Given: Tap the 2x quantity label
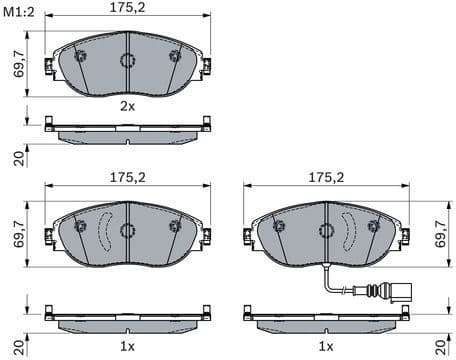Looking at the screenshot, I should (127, 105).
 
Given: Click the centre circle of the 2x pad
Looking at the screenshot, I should (127, 61).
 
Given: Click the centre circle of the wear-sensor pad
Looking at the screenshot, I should (326, 230).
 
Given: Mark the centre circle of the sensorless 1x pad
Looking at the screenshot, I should (127, 230).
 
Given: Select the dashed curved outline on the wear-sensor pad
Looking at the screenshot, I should (349, 230).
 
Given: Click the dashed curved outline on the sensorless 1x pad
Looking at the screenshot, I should (104, 230).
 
